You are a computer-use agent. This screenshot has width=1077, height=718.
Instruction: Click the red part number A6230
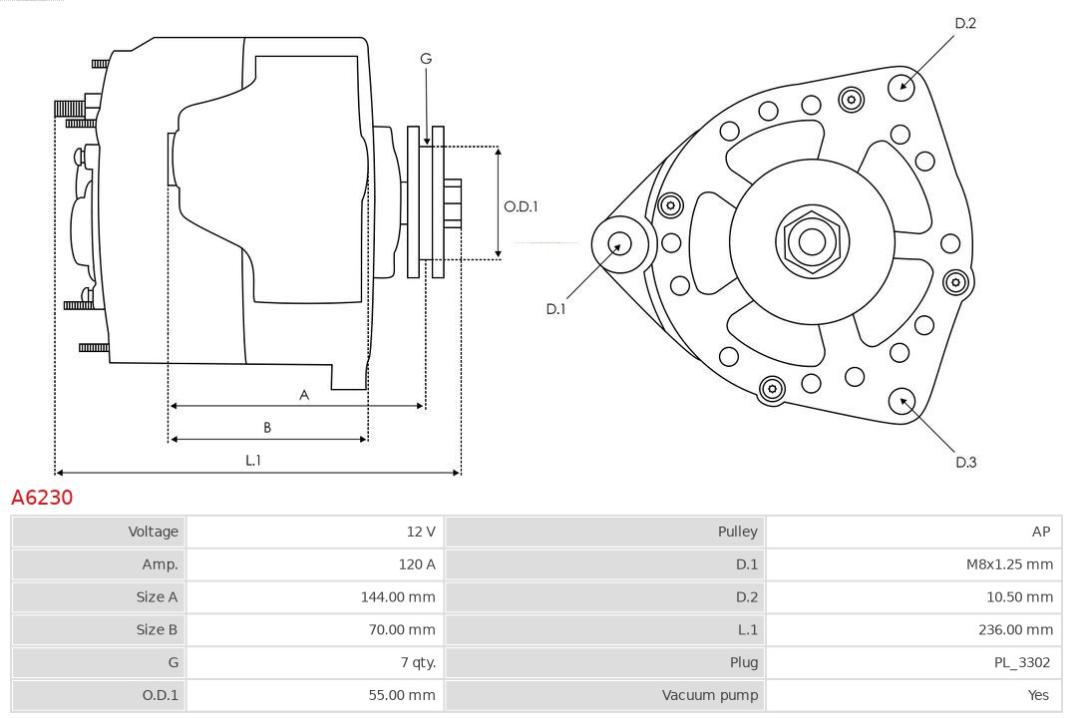click(x=42, y=497)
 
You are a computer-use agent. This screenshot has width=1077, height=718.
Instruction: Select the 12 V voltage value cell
click(x=420, y=532)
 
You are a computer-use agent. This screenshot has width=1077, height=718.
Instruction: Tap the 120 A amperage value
click(x=417, y=564)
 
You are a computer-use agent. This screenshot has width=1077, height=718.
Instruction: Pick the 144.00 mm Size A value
click(x=398, y=597)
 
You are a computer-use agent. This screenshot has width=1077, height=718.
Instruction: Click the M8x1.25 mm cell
click(x=1009, y=564)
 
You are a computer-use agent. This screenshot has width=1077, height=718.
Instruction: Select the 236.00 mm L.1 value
click(x=1015, y=629)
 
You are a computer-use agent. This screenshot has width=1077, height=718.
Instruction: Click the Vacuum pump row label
click(x=709, y=695)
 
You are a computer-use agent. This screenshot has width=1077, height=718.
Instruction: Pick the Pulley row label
click(x=737, y=532)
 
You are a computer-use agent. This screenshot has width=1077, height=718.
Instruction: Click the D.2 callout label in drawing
click(x=964, y=23)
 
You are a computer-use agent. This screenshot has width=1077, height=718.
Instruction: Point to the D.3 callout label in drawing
click(x=965, y=462)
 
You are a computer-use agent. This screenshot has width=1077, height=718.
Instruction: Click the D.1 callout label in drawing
click(x=555, y=309)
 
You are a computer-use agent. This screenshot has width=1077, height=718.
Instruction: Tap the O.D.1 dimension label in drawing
click(x=521, y=206)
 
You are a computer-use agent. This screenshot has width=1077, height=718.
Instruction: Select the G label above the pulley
click(x=426, y=59)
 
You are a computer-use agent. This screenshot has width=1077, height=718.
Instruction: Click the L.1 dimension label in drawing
click(x=253, y=460)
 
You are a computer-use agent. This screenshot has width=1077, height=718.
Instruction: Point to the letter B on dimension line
click(x=267, y=427)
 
